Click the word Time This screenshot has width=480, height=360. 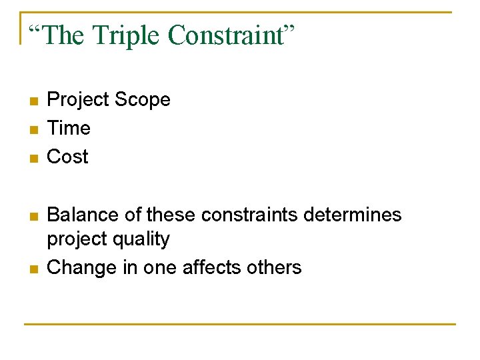point(69,128)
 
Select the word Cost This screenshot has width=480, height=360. point(67,157)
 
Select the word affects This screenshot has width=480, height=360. point(215,267)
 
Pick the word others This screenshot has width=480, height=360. point(274,267)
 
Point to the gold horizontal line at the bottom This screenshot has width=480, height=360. point(240,324)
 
